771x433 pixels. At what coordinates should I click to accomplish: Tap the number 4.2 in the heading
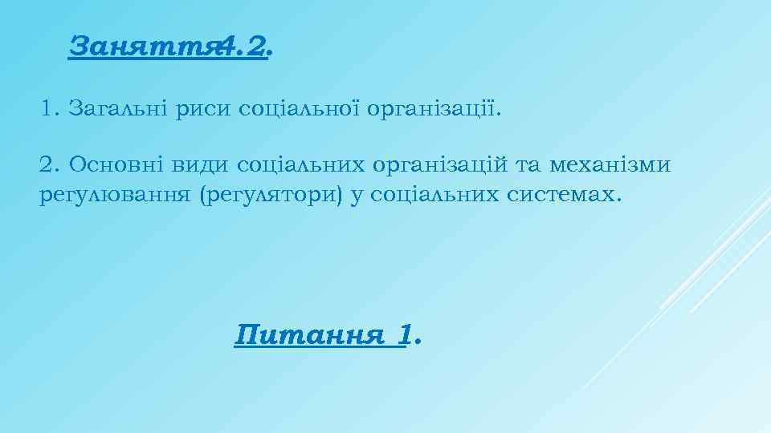[242, 47]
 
